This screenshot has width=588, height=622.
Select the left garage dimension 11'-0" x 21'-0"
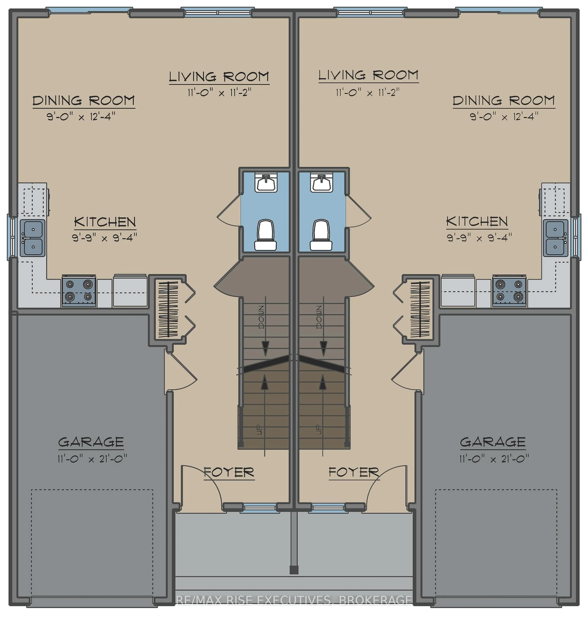pyautogui.click(x=92, y=459)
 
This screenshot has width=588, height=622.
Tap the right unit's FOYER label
pyautogui.click(x=354, y=472)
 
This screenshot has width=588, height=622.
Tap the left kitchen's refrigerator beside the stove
pyautogui.click(x=130, y=290)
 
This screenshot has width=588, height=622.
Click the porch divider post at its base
pyautogui.click(x=294, y=570)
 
